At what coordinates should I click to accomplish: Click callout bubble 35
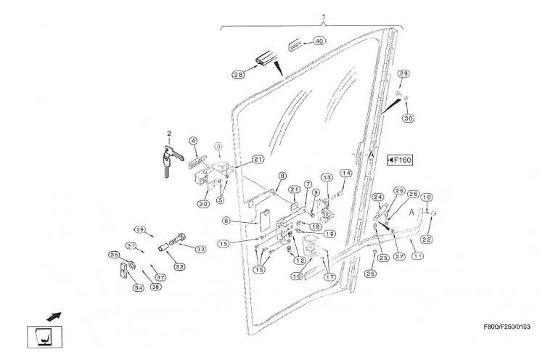[x=114, y=255]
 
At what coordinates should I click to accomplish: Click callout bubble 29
[x=403, y=73]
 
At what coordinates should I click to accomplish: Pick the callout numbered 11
[x=417, y=255]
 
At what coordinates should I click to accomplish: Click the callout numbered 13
[x=327, y=178]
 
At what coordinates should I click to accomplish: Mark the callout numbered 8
[x=282, y=175]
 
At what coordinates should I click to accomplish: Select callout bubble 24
[x=377, y=197]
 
